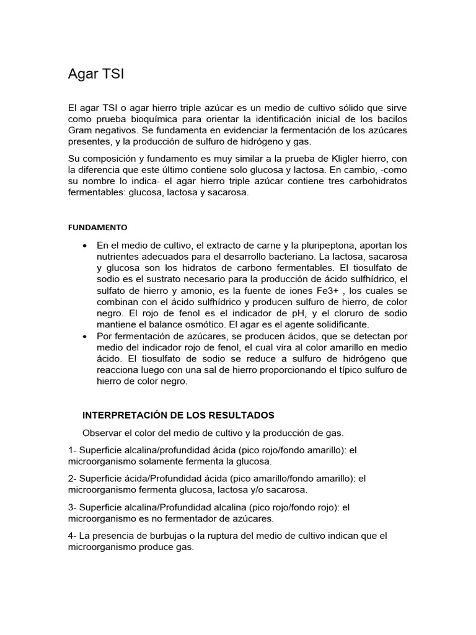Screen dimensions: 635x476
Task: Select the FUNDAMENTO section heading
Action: coord(97,227)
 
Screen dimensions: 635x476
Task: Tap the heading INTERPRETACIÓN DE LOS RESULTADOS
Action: coord(178,415)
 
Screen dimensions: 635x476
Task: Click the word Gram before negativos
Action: coord(81,130)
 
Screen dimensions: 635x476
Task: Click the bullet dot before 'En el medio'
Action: coord(84,246)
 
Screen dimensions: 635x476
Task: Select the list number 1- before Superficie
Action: coord(72,450)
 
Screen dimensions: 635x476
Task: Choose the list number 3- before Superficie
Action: coord(72,507)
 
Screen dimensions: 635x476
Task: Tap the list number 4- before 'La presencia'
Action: coord(72,536)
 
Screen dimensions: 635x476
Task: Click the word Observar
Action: coord(102,432)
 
